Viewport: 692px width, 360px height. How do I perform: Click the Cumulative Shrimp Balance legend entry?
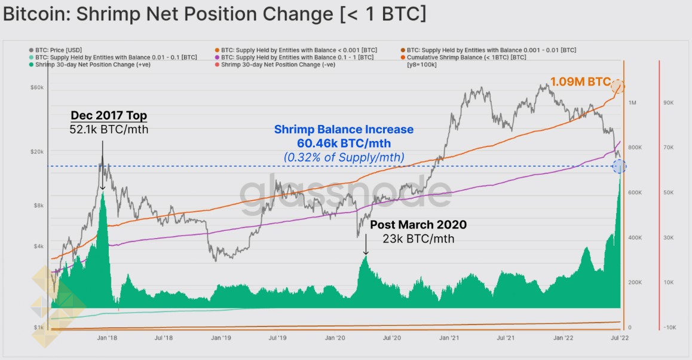[x=466, y=57]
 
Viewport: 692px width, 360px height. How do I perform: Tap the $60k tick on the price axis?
[x=36, y=88]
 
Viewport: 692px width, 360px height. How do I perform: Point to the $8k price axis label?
[x=38, y=206]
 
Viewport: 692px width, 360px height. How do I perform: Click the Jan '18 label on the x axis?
[x=107, y=338]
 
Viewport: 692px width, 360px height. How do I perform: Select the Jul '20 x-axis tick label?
[x=391, y=338]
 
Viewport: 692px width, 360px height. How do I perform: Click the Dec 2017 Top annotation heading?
[x=109, y=115]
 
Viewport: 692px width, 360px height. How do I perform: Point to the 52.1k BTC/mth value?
[x=109, y=129]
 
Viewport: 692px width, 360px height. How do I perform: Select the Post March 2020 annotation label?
[x=418, y=225]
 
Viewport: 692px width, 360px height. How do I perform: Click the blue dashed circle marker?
[x=620, y=166]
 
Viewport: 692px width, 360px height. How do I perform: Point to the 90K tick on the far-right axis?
[x=669, y=103]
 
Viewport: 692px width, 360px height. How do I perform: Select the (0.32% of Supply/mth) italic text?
[x=344, y=157]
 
